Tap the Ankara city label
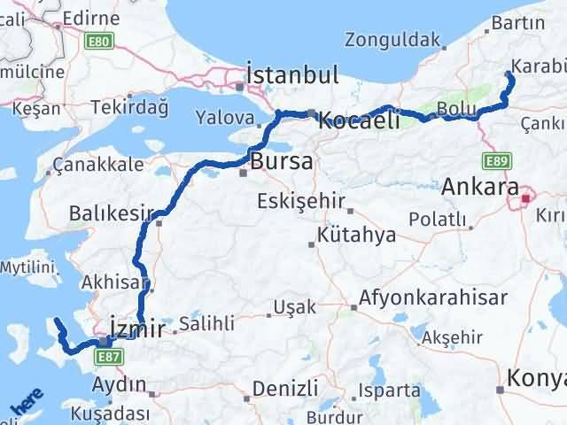click(x=479, y=186)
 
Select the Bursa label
click(x=281, y=161)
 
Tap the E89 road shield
click(x=495, y=160)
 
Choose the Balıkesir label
click(x=108, y=213)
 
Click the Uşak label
click(x=294, y=306)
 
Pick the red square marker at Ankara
click(x=525, y=198)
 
